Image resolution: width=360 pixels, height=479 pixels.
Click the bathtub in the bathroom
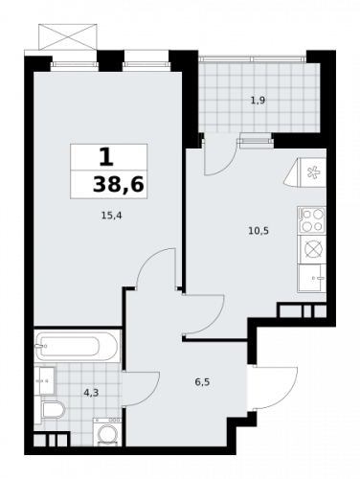(x=76, y=345)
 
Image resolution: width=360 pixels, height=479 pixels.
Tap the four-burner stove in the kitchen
(x=313, y=219)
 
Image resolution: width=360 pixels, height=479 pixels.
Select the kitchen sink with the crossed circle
(x=312, y=250)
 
